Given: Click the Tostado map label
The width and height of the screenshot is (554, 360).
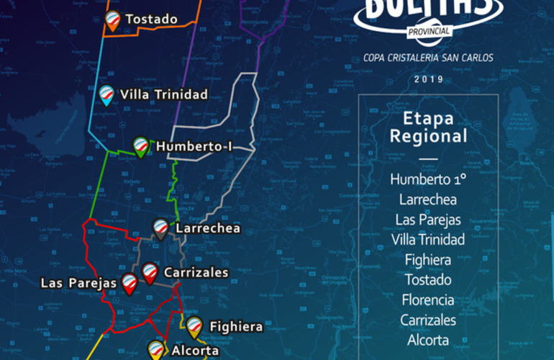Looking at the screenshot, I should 151,19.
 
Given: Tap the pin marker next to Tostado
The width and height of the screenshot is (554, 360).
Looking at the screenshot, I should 112,19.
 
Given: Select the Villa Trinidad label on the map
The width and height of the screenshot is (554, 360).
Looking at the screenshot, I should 164,94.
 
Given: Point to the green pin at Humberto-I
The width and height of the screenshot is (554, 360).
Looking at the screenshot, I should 141,145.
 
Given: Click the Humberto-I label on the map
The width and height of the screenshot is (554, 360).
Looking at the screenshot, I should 194,145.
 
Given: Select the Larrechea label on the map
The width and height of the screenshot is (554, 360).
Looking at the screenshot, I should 207,229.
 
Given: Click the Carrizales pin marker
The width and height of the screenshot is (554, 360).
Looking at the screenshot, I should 150,272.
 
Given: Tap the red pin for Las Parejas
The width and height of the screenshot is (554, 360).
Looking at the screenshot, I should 130,283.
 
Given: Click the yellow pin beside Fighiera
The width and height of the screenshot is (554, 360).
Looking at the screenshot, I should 194,326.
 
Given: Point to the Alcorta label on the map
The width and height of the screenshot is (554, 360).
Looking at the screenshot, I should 195,351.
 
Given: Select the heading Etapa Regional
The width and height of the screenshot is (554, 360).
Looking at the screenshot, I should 427,127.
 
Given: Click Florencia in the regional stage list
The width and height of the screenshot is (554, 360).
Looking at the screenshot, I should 428,300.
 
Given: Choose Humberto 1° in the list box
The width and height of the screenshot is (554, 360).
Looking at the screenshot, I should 428,179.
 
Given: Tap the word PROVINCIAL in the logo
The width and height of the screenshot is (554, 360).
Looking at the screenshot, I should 429,31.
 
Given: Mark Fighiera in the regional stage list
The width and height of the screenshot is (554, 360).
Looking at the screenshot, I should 428,259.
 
